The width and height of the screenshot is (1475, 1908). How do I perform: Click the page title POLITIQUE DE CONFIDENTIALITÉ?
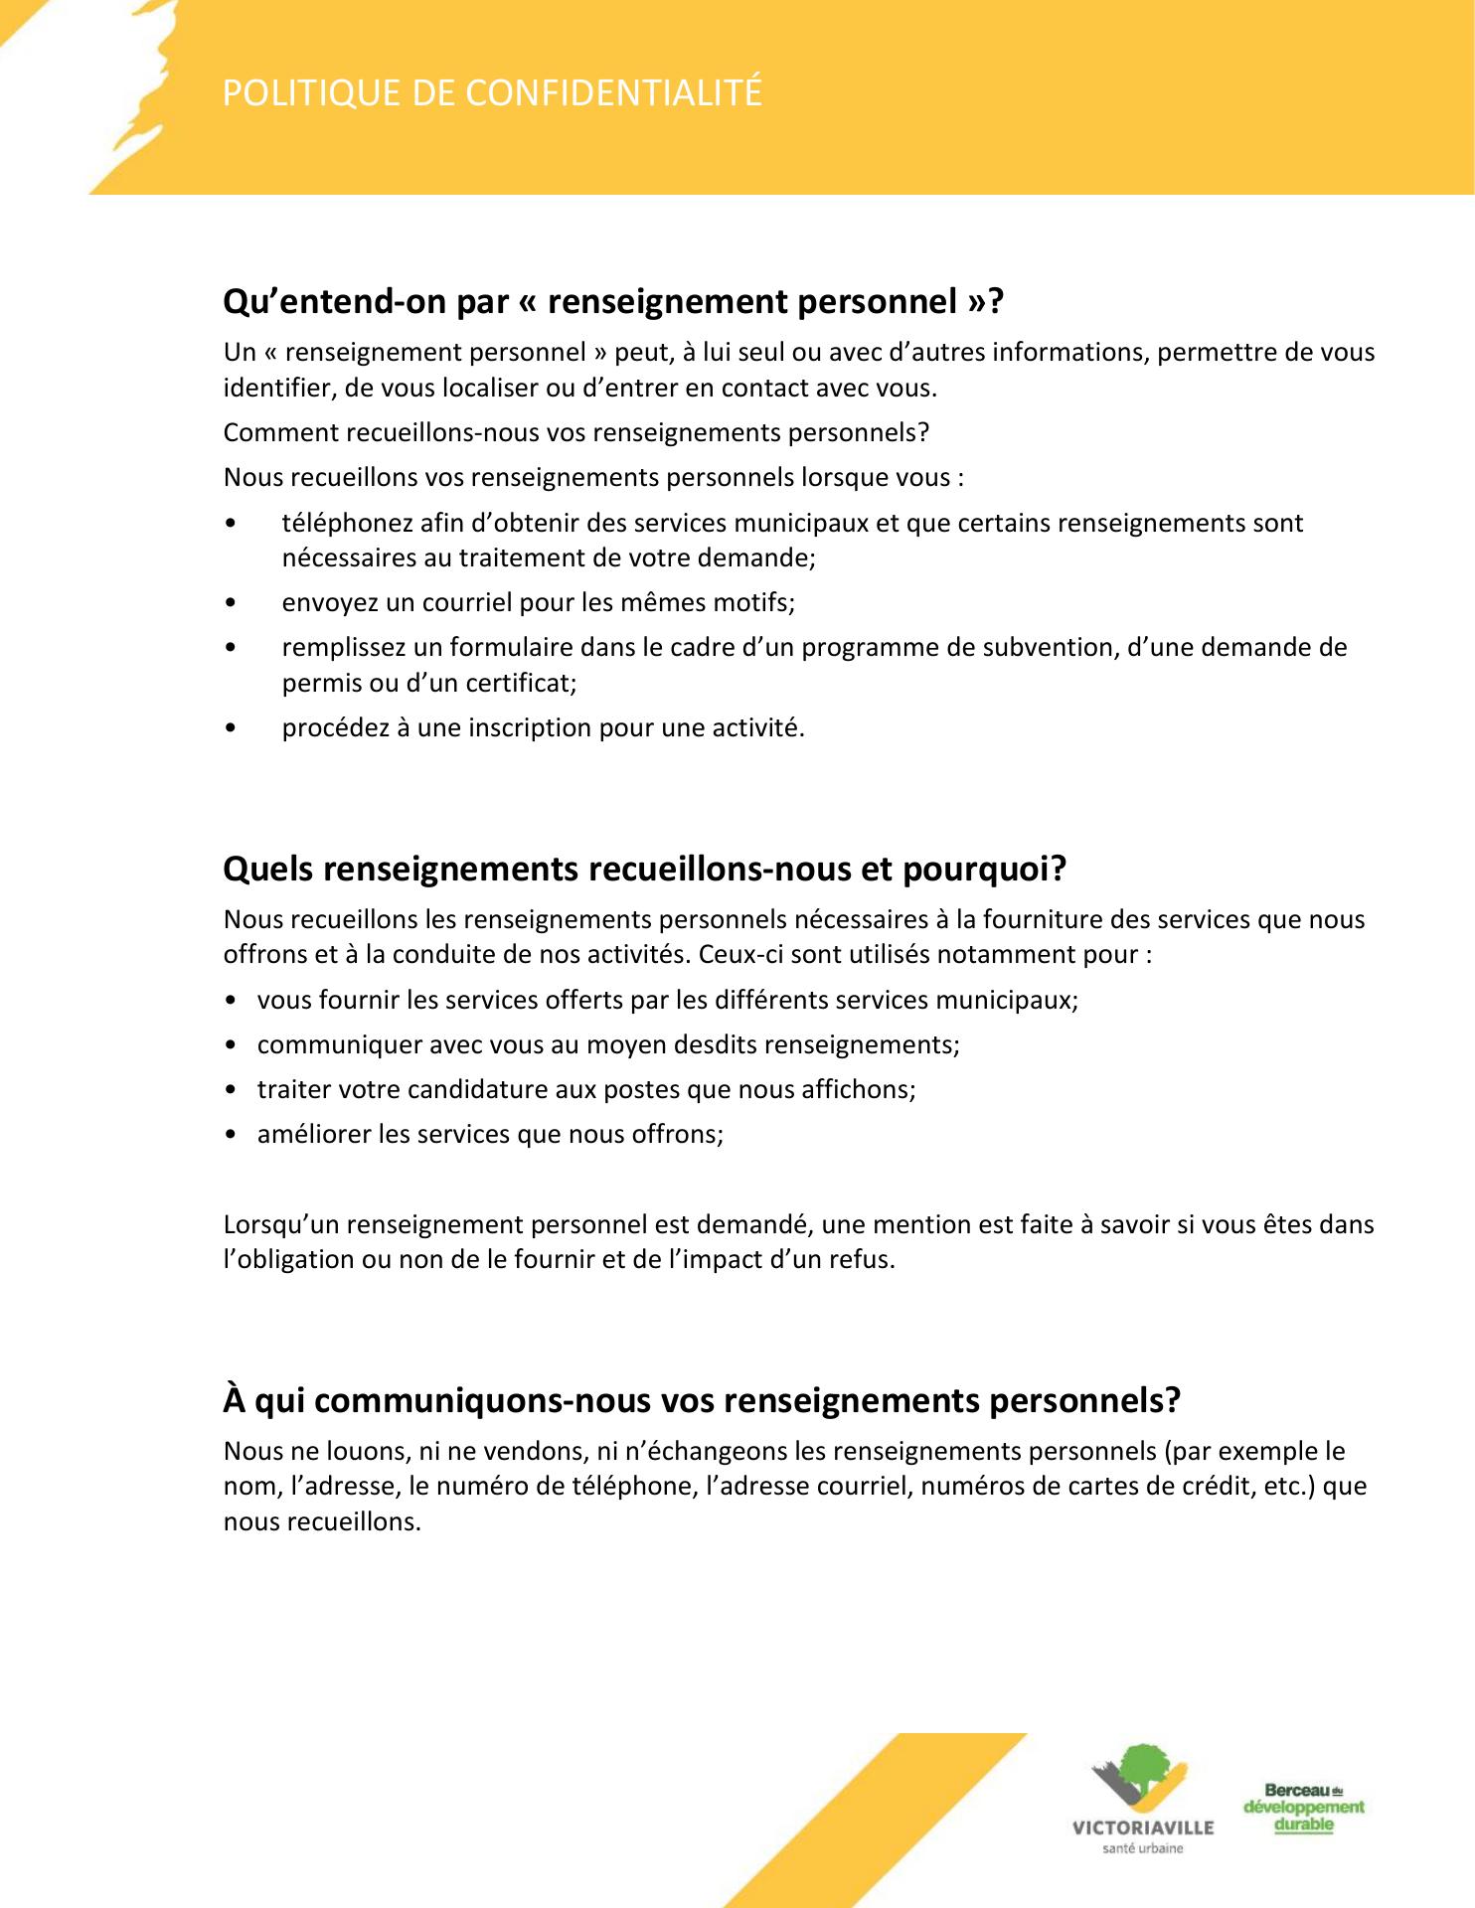tap(492, 92)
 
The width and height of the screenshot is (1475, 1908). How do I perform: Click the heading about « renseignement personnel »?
tap(613, 301)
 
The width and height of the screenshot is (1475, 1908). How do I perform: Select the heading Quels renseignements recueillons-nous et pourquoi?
tap(644, 869)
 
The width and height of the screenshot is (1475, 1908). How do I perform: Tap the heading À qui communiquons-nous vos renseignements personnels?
tap(702, 1400)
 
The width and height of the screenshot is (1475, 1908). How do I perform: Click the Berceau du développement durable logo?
tap(1303, 1808)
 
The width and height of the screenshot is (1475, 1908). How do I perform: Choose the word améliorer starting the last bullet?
tap(313, 1134)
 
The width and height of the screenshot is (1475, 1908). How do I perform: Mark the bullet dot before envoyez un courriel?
tap(232, 603)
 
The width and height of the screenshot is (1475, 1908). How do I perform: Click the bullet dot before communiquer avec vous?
tap(232, 1045)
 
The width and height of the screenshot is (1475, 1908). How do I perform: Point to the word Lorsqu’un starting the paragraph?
tap(281, 1224)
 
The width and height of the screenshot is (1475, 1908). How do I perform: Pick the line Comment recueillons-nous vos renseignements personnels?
tap(575, 432)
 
